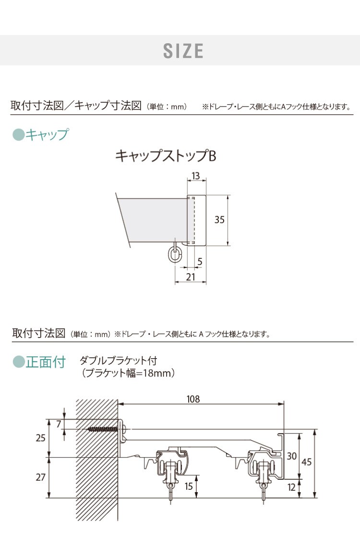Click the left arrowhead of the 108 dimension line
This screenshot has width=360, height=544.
(x=120, y=404)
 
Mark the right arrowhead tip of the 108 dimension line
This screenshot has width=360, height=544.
(x=284, y=404)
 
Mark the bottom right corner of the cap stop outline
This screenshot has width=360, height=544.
(x=205, y=245)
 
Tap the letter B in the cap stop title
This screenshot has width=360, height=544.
(x=212, y=156)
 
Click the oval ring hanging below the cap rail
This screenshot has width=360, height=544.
(x=175, y=254)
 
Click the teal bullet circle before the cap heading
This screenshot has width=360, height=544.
(x=18, y=134)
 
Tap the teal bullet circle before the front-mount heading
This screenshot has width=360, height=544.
(x=18, y=362)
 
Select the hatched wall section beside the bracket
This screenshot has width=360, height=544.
(x=97, y=459)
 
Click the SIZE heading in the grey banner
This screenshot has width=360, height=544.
(x=183, y=50)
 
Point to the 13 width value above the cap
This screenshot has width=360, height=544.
(x=196, y=176)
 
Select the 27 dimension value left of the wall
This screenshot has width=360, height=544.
(x=41, y=477)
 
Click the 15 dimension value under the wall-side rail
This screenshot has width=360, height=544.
(x=188, y=486)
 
